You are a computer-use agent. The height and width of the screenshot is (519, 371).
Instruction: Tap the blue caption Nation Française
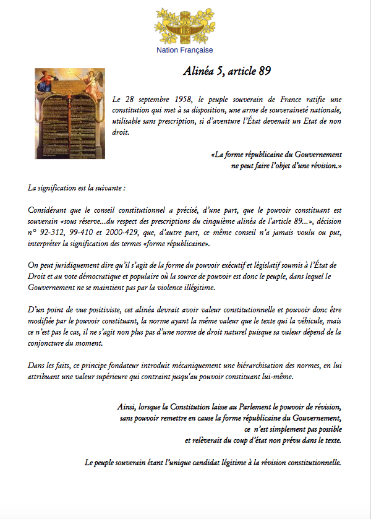[184, 50]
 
